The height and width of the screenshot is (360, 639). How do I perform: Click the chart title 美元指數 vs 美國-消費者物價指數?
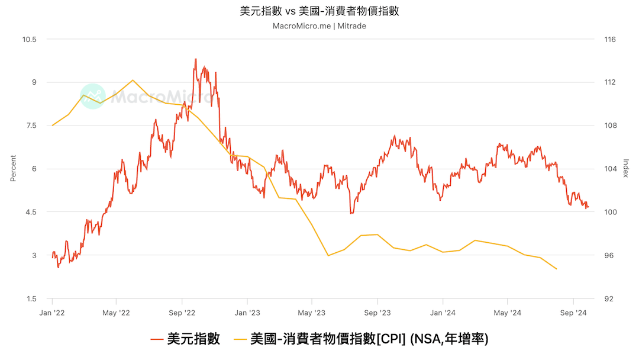tap(319, 11)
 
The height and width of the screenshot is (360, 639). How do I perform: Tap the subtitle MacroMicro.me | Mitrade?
tap(319, 26)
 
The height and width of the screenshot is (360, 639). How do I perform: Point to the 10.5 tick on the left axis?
tap(30, 40)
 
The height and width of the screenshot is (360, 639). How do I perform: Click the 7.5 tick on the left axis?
tap(30, 126)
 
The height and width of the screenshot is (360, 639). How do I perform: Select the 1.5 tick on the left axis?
tap(30, 298)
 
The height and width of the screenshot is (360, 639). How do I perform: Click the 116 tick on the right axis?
tap(610, 40)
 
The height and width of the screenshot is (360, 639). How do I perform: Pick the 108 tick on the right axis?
tap(610, 126)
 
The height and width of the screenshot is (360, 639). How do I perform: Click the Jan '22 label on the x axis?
tap(52, 312)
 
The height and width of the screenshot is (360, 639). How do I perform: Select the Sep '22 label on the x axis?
tap(182, 312)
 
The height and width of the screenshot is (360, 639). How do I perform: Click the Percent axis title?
tap(13, 169)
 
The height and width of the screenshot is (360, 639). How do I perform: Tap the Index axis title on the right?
tap(625, 169)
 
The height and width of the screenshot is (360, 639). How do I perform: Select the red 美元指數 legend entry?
tap(186, 339)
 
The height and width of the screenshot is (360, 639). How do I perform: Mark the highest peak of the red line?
tap(195, 59)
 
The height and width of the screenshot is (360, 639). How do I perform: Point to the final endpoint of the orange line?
tap(557, 269)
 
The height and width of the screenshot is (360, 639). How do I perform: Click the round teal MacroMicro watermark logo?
tap(93, 96)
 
